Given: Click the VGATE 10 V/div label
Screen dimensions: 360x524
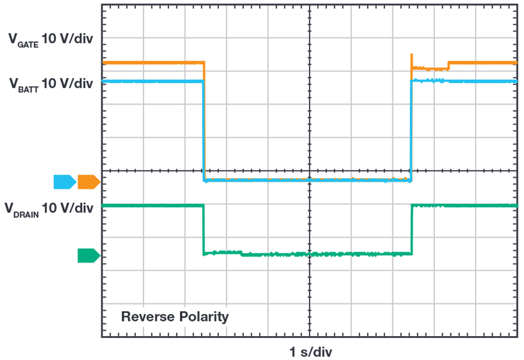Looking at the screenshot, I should coord(50,40).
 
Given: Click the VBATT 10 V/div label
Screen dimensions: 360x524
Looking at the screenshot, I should coord(50,83).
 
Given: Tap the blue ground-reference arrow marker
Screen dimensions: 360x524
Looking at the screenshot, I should coord(64,182).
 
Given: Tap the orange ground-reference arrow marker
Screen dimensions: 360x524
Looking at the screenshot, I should coord(88,182).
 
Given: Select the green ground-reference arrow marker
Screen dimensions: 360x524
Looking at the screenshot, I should coord(88,255).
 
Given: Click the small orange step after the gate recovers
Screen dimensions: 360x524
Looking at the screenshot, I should coord(448,65).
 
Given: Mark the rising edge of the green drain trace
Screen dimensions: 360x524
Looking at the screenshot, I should coord(412,229).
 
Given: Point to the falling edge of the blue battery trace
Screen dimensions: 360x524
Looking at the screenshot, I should coord(203,131).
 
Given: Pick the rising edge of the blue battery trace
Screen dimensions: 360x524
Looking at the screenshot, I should coord(411,131).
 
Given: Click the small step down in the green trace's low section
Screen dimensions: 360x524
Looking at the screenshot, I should coord(241,253).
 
